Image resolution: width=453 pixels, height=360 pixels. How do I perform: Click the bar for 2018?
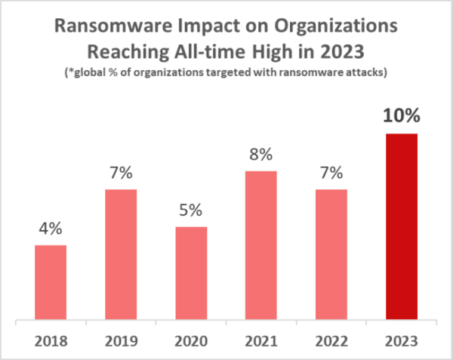coord(51,283)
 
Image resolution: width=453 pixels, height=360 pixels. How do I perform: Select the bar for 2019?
coord(121,255)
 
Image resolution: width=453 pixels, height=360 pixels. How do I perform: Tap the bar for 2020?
coord(191,274)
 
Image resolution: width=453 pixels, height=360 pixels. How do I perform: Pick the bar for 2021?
coord(261,246)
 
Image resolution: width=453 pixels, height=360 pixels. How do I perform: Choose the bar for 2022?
coord(331,255)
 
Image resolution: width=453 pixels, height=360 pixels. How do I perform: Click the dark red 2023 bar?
coord(402,227)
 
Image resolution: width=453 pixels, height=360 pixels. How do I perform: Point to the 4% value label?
coord(51,226)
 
